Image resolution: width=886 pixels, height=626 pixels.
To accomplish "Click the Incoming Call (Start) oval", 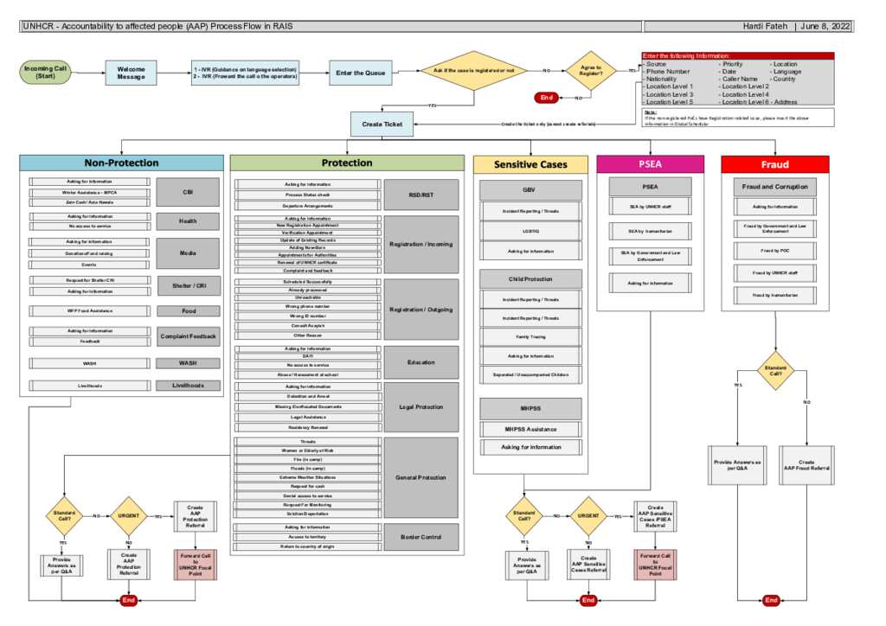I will [45, 73].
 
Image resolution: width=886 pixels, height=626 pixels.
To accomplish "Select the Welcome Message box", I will [131, 73].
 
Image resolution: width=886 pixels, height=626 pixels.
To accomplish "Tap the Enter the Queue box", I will [361, 73].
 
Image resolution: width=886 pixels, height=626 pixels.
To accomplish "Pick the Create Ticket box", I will [382, 125].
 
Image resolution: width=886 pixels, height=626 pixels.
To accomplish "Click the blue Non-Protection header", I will [121, 163].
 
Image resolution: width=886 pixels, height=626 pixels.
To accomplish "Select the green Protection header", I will [347, 163].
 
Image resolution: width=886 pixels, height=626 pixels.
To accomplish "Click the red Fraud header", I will [774, 163].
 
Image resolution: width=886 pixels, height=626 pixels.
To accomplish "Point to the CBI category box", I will [188, 192].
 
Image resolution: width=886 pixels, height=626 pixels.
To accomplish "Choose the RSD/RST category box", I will [421, 195].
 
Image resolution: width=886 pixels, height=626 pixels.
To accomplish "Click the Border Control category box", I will [421, 537].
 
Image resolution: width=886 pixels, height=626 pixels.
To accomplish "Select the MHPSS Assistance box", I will [531, 429].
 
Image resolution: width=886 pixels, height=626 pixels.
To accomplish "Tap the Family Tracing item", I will [531, 337].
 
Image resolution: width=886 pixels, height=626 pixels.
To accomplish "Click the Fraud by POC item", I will [774, 250].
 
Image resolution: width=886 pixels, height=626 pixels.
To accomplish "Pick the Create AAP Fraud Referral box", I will [806, 465].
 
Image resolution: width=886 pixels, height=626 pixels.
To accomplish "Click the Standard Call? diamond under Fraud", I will [774, 371].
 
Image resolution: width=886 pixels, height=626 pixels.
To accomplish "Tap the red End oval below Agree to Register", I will [546, 98].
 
